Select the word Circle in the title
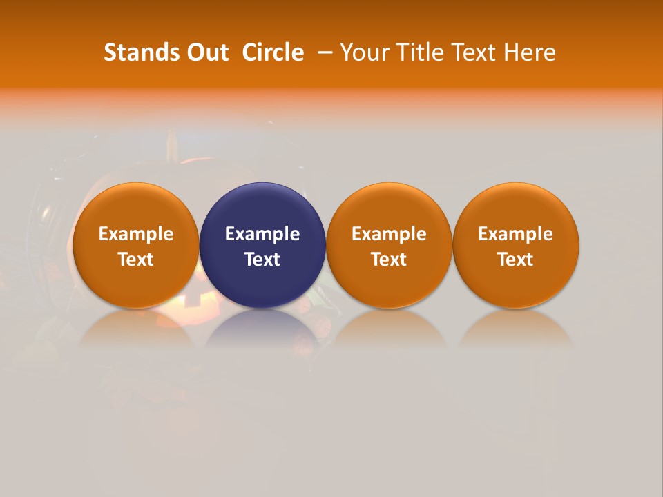tap(273, 52)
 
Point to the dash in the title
tap(325, 52)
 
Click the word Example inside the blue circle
tap(262, 234)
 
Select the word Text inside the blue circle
tap(262, 260)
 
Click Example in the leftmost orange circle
tap(136, 234)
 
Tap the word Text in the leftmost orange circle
tap(136, 260)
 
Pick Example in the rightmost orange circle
tap(515, 234)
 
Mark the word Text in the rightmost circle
tap(515, 260)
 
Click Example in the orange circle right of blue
tap(389, 234)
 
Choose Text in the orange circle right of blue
tap(389, 260)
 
